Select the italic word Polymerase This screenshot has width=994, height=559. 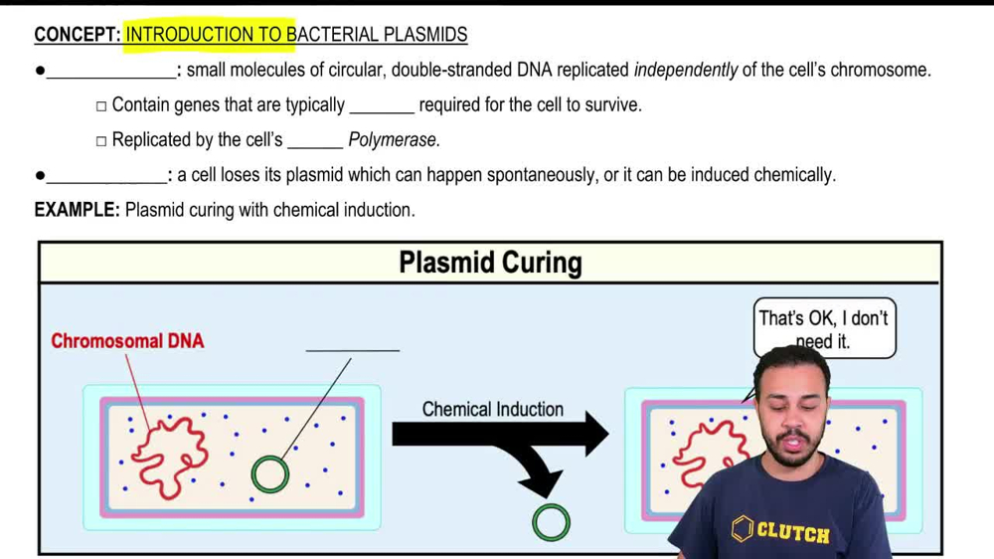tap(394, 140)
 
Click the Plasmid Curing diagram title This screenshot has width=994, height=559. tap(490, 263)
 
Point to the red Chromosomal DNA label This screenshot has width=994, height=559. tap(127, 341)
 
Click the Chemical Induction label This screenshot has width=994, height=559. tap(492, 409)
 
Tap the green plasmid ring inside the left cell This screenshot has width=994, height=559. tap(269, 474)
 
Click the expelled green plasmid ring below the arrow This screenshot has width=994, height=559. tap(552, 522)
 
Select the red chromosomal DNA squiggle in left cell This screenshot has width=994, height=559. tap(169, 456)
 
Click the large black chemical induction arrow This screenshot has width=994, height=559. tap(497, 435)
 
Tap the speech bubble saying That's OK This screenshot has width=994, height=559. tap(824, 326)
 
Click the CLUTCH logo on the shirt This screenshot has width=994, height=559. tap(782, 530)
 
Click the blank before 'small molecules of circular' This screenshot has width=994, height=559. tap(110, 72)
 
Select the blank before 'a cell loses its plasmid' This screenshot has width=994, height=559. tap(106, 176)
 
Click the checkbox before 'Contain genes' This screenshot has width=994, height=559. tap(101, 106)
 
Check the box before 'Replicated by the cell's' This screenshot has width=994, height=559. tap(101, 141)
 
